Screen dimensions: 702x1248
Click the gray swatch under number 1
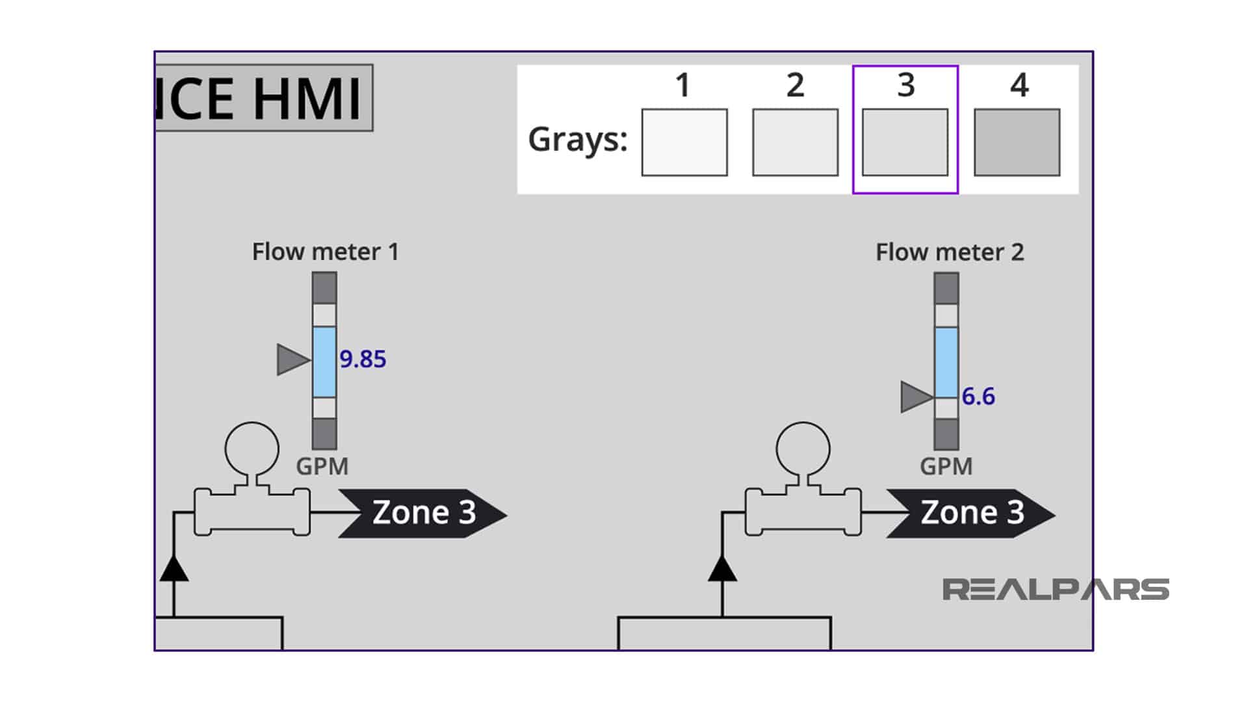point(684,142)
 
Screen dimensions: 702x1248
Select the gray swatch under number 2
point(795,142)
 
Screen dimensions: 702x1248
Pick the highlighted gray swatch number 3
point(905,142)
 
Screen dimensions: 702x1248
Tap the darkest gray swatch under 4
point(1017,142)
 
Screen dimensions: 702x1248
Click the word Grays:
point(577,139)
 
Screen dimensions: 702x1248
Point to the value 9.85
point(363,359)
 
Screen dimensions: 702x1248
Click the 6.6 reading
point(978,396)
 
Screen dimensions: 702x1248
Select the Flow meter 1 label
point(325,252)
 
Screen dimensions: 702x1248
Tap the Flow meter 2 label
point(949,252)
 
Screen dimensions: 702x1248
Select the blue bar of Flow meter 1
point(324,361)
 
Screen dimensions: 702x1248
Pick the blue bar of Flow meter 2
point(946,362)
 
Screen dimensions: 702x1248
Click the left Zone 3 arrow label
point(422,513)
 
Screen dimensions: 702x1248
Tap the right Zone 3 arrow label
point(971,513)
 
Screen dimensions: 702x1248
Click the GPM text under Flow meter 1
point(322,466)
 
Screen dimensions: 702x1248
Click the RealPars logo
point(1055,590)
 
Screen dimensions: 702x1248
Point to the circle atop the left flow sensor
point(252,448)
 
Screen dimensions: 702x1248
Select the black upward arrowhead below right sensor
point(722,569)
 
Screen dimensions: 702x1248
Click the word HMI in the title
point(305,99)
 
